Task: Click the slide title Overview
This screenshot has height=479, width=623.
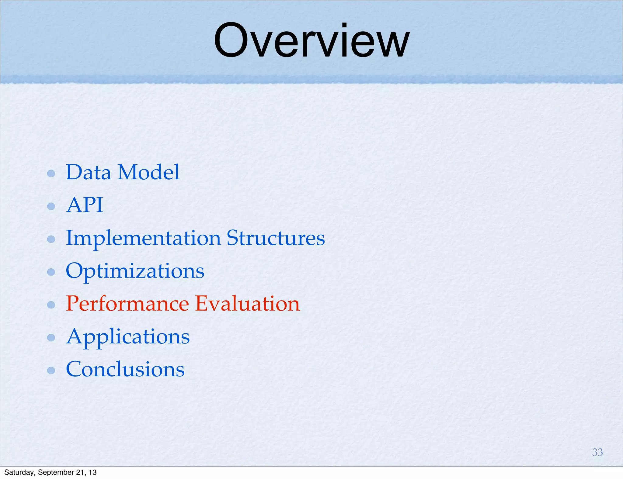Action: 311,41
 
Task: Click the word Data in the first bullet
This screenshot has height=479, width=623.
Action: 88,172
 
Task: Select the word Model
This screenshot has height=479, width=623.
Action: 148,172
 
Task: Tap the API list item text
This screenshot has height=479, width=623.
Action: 85,205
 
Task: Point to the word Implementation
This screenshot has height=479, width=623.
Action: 143,239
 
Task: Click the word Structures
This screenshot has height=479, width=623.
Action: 276,238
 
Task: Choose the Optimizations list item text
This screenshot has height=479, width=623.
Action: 135,271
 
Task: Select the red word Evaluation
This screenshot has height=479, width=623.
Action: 247,304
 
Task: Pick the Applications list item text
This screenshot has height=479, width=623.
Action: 128,337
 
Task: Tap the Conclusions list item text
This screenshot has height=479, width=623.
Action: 125,370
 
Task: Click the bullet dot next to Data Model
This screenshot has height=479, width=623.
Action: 51,174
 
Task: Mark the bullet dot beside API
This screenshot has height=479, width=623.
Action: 51,206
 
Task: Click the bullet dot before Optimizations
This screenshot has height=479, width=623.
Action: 51,272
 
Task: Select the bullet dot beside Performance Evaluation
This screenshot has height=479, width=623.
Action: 51,305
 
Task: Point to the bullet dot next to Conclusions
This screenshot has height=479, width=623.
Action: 51,370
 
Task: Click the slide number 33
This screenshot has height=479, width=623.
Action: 597,452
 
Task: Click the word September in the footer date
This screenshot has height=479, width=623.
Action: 55,472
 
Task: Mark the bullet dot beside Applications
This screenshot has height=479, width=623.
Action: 51,337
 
